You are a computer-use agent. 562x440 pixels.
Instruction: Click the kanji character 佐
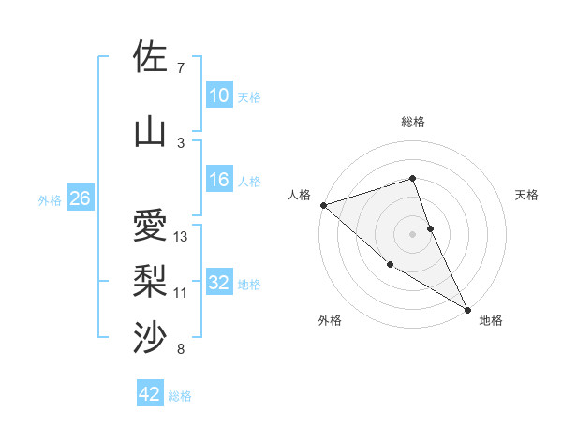pyautogui.click(x=150, y=57)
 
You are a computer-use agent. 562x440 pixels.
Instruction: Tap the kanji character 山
pyautogui.click(x=150, y=131)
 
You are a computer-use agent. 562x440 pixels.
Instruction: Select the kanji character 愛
pyautogui.click(x=150, y=227)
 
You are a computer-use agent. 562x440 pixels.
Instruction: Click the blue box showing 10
pyautogui.click(x=218, y=95)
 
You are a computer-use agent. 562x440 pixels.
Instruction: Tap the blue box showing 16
pyautogui.click(x=218, y=180)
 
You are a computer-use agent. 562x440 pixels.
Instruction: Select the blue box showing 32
pyautogui.click(x=218, y=284)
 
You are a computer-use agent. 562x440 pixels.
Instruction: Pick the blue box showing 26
pyautogui.click(x=80, y=198)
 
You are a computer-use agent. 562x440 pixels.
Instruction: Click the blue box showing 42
pyautogui.click(x=150, y=394)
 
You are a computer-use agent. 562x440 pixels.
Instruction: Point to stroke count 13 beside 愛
pyautogui.click(x=182, y=237)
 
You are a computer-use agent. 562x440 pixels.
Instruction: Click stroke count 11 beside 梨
pyautogui.click(x=181, y=293)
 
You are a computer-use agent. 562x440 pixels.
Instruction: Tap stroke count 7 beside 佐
pyautogui.click(x=181, y=68)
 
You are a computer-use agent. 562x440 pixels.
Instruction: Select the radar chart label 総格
pyautogui.click(x=413, y=122)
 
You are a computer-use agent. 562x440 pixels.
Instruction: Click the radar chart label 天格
pyautogui.click(x=526, y=195)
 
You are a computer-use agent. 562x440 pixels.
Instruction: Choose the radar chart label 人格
pyautogui.click(x=299, y=195)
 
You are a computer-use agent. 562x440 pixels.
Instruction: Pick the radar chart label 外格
pyautogui.click(x=330, y=320)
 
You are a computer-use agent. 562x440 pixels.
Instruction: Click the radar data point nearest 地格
pyautogui.click(x=467, y=309)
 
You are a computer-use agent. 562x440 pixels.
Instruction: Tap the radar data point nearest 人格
pyautogui.click(x=323, y=204)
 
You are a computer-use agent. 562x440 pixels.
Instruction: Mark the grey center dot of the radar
pyautogui.click(x=413, y=233)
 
